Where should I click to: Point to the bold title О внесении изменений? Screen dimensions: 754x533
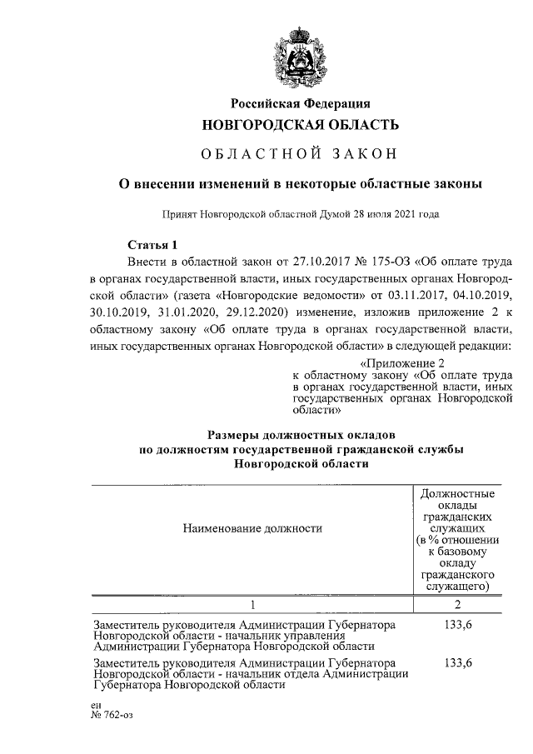pyautogui.click(x=299, y=182)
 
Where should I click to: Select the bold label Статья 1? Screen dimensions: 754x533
pyautogui.click(x=152, y=245)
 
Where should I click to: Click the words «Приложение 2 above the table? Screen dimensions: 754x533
pyautogui.click(x=408, y=363)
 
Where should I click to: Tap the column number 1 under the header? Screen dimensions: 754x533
pyautogui.click(x=252, y=603)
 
